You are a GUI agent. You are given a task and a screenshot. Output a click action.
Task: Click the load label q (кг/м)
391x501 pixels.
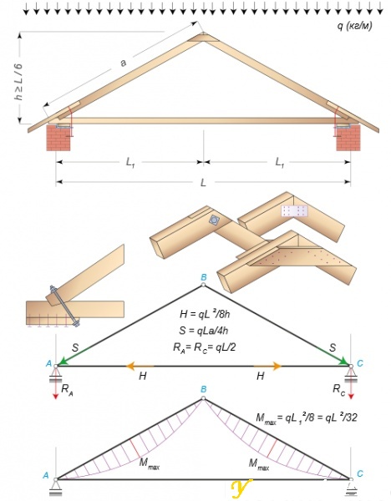point(354,26)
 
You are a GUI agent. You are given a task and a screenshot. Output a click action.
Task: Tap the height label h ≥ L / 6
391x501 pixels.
point(18,82)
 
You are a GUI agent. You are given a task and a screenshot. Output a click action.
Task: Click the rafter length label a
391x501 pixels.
point(123,63)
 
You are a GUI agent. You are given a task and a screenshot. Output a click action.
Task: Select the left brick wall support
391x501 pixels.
point(58,138)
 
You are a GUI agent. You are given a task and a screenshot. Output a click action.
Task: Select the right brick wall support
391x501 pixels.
point(348,138)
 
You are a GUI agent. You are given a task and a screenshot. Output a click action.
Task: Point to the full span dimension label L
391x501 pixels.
point(203,182)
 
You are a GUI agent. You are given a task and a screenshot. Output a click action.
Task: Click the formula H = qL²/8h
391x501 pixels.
point(205,315)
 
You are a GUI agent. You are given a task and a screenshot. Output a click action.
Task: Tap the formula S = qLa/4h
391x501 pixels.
point(204,331)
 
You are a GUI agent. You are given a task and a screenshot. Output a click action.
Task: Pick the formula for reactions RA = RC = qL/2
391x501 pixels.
point(205,347)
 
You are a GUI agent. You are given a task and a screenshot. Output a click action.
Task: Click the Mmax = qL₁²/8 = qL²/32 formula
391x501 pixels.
point(306,418)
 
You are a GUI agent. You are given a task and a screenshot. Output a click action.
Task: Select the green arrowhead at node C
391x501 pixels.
point(345,362)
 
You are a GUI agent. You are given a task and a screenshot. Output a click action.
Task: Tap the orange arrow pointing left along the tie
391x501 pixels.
point(140,367)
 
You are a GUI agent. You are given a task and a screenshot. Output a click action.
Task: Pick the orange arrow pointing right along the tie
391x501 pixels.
point(267,367)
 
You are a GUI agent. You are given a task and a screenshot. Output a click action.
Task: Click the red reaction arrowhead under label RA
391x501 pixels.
point(56,397)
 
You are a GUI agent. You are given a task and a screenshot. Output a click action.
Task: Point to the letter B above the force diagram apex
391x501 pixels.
point(203,277)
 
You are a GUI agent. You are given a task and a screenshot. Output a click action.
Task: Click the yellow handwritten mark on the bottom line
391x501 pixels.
point(241,488)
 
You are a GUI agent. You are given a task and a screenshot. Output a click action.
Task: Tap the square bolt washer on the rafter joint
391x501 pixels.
point(214,220)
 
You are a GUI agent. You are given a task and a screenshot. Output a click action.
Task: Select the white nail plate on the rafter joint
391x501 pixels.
point(294,211)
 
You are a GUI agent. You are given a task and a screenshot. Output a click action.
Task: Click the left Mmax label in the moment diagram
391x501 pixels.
point(149,463)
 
